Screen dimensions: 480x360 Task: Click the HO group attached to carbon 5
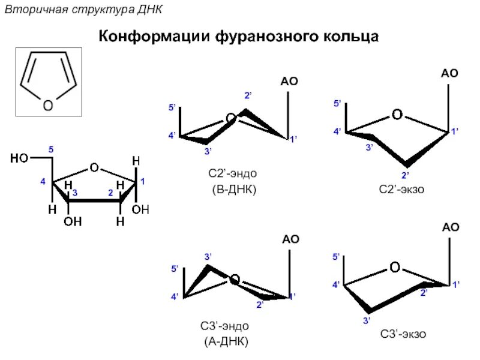[20, 158]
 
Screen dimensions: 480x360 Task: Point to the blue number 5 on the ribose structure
[51, 149]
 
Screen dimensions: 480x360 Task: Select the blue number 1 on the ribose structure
[143, 181]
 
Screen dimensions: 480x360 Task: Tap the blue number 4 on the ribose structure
[43, 181]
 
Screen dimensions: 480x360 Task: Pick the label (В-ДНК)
[233, 190]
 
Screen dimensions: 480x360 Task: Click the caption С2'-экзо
[401, 190]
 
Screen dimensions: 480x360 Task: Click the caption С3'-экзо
[403, 334]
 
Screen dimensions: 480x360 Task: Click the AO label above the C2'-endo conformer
[289, 82]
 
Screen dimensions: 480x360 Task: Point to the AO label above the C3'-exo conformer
[451, 227]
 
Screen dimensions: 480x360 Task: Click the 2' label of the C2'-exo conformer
[406, 175]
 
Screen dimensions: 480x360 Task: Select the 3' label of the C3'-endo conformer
[209, 257]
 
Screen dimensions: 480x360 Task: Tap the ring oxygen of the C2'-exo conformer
[397, 114]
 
